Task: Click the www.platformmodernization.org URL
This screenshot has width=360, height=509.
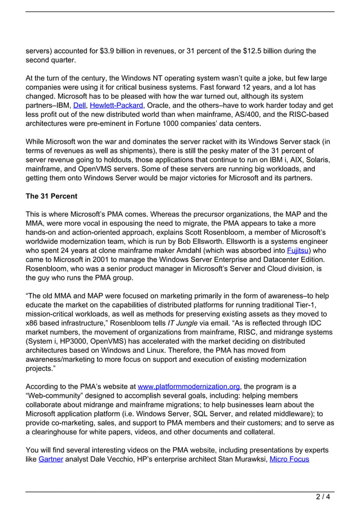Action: (189, 387)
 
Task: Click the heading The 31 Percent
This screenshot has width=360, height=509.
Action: (52, 197)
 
